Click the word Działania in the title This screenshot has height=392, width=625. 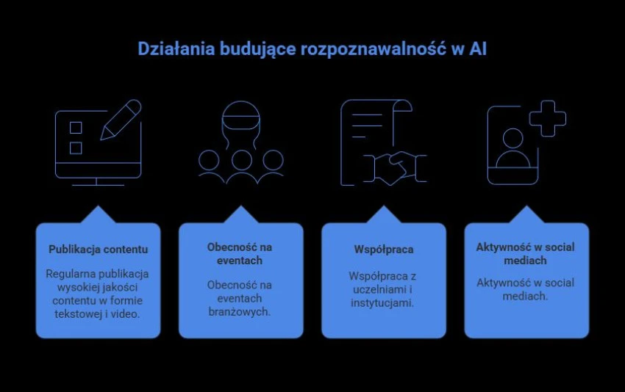pyautogui.click(x=176, y=49)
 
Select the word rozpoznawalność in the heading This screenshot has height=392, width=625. pyautogui.click(x=373, y=50)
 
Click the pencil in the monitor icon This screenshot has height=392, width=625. pyautogui.click(x=121, y=120)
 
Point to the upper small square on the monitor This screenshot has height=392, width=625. pyautogui.click(x=76, y=127)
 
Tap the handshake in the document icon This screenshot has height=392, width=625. pyautogui.click(x=395, y=168)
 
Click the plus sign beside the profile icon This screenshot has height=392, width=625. pyautogui.click(x=547, y=119)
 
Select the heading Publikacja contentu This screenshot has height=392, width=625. pyautogui.click(x=98, y=250)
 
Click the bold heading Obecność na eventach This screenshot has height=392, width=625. pyautogui.click(x=240, y=254)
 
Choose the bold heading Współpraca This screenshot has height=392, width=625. pyautogui.click(x=384, y=250)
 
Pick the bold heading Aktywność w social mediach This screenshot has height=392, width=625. pyautogui.click(x=525, y=254)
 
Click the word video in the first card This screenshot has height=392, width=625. pyautogui.click(x=125, y=314)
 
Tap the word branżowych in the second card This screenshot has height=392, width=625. pyautogui.click(x=240, y=311)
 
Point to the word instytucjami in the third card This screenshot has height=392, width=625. pyautogui.click(x=382, y=303)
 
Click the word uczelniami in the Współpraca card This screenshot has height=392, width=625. pyautogui.click(x=378, y=289)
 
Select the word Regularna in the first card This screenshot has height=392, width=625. pyautogui.click(x=70, y=275)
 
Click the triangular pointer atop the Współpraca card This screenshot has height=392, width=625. pyautogui.click(x=383, y=214)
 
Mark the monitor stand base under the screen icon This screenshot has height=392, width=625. pyautogui.click(x=98, y=185)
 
